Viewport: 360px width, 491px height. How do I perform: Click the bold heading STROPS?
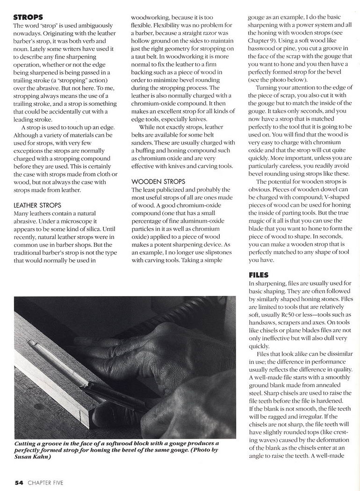[x=30, y=16]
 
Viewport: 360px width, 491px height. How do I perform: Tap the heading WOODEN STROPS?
[x=158, y=181]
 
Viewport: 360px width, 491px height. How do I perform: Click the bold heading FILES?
[x=258, y=276]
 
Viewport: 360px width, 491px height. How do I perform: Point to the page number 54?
[x=19, y=482]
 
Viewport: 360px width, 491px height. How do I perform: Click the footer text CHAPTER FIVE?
[x=45, y=482]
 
